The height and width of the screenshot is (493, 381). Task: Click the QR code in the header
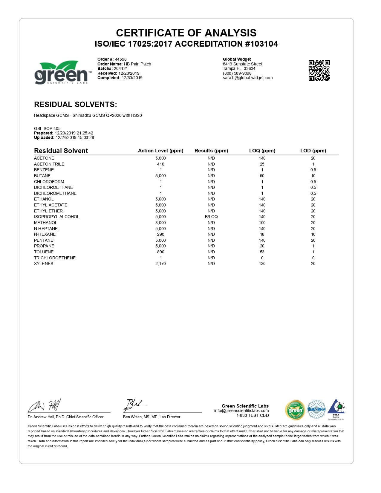point(319,70)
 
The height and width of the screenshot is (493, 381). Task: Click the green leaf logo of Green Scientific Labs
point(61,72)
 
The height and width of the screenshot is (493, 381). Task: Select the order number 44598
point(121,59)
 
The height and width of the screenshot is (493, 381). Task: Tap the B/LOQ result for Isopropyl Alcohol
point(211,217)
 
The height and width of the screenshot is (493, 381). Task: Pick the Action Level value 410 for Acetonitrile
point(160,164)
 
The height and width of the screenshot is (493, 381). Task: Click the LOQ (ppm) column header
point(262,151)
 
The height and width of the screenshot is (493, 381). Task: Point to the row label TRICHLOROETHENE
point(55,258)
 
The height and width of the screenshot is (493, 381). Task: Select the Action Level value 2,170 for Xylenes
point(160,264)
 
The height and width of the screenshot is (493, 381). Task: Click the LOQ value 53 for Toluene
point(262,252)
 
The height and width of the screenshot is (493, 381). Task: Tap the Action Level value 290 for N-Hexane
point(160,234)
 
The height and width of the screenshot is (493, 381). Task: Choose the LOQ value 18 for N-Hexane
point(262,234)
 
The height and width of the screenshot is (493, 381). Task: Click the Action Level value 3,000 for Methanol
point(160,223)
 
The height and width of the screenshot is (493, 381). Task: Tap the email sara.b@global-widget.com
point(248,78)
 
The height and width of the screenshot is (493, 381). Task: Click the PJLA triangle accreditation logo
point(336,408)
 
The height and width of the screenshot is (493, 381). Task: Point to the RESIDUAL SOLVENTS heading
point(75,104)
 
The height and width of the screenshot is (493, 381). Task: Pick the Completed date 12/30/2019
point(132,78)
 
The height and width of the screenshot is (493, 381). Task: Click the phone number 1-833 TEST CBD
point(253,415)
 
